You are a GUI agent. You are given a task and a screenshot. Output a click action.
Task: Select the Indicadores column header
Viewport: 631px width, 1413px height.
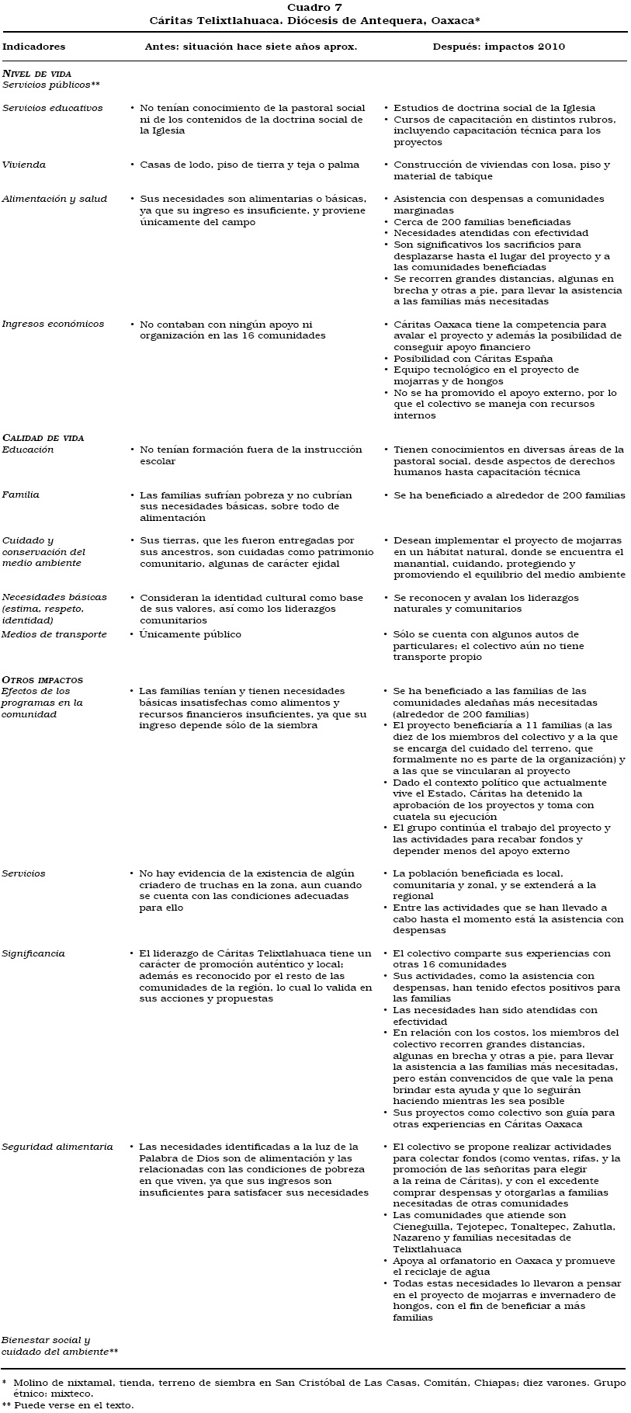point(34,47)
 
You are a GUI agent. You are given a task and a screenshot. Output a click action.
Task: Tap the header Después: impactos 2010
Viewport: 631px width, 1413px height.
point(498,47)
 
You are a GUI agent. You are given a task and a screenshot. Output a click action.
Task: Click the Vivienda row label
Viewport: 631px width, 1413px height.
point(24,165)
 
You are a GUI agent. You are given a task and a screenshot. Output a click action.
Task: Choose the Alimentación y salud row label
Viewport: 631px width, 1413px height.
point(54,199)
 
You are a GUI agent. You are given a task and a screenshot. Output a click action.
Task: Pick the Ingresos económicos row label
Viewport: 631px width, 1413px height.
point(52,325)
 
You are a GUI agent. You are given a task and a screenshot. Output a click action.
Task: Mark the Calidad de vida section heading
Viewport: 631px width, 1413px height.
point(43,438)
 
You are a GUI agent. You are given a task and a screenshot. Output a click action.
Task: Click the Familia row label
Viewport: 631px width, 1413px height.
point(21,495)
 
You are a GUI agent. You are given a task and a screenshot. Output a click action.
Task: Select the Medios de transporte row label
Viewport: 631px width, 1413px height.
point(54,634)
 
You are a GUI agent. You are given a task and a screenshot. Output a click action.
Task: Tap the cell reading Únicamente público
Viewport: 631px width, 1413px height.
point(190,634)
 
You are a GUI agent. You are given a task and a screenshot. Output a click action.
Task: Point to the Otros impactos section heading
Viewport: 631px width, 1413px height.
point(42,680)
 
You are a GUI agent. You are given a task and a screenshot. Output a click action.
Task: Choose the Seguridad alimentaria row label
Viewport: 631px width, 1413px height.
point(57,1147)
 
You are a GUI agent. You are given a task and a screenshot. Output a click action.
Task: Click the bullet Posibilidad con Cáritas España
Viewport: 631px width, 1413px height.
point(473,359)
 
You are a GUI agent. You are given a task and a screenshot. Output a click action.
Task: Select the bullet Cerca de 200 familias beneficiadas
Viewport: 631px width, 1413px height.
point(481,222)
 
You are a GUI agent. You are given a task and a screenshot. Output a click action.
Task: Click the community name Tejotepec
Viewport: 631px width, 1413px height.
point(484,1227)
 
